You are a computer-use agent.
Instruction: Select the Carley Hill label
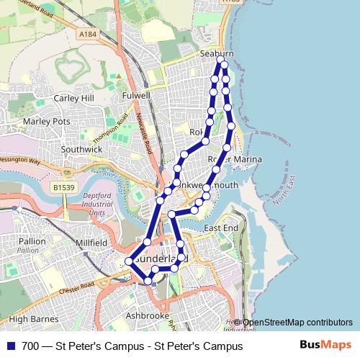(74, 98)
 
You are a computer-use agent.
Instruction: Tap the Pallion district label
(31, 241)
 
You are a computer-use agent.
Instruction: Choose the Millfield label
(91, 243)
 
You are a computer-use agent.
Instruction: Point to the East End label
(220, 228)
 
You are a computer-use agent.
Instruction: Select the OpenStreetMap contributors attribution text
(297, 322)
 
